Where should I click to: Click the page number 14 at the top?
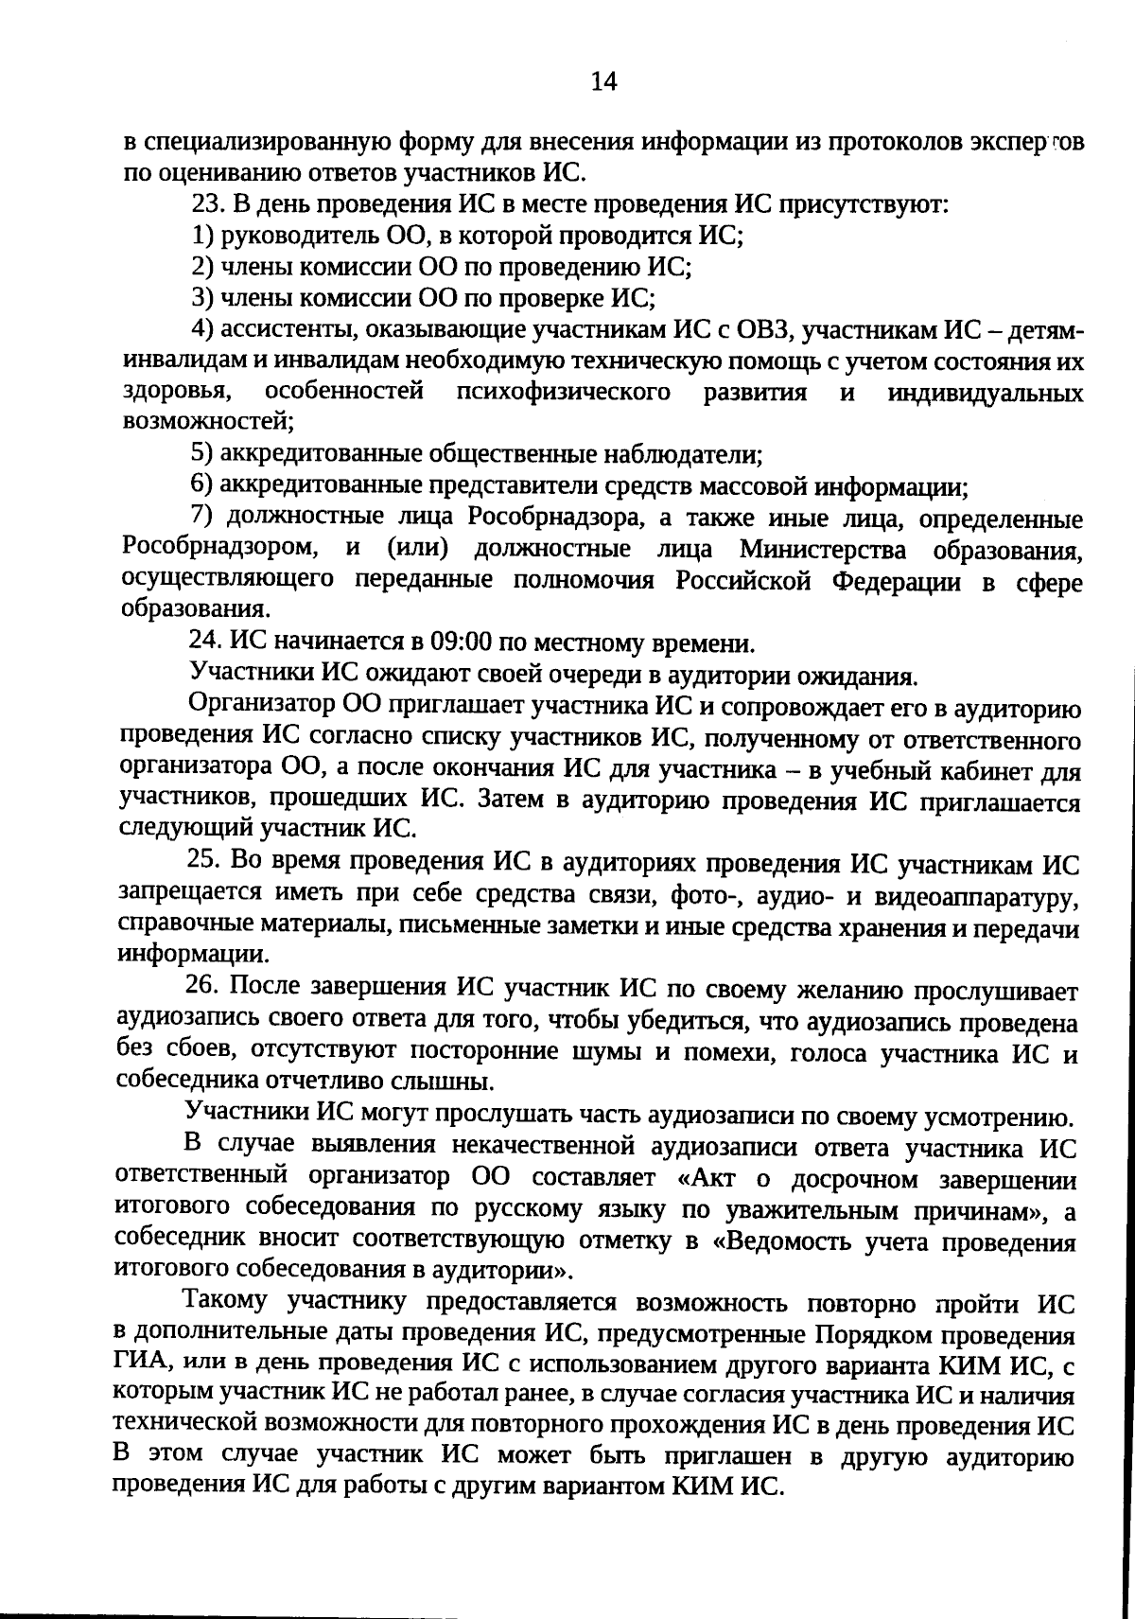click(x=603, y=82)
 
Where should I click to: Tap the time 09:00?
click(x=462, y=643)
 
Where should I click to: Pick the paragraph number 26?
click(x=204, y=986)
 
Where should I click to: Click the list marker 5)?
click(x=203, y=454)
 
